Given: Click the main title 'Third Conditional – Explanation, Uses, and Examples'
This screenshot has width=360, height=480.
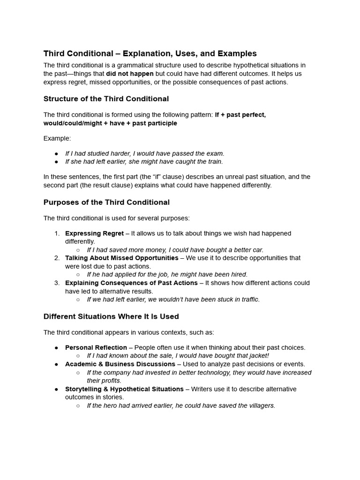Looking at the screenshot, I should pyautogui.click(x=150, y=53).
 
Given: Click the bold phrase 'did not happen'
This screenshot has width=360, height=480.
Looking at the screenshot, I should pyautogui.click(x=129, y=74).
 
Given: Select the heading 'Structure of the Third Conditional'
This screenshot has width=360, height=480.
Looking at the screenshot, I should pyautogui.click(x=106, y=99).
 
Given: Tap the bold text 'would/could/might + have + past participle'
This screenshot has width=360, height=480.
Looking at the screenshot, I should pyautogui.click(x=110, y=123).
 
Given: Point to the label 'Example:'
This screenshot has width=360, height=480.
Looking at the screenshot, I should pyautogui.click(x=57, y=138).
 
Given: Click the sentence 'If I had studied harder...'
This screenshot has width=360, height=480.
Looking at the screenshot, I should pyautogui.click(x=144, y=153).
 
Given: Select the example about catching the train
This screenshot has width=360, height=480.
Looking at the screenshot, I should pyautogui.click(x=144, y=162).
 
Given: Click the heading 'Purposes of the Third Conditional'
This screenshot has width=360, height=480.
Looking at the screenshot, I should pyautogui.click(x=106, y=202).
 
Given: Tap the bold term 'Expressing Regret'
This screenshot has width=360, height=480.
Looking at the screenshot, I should pyautogui.click(x=94, y=233).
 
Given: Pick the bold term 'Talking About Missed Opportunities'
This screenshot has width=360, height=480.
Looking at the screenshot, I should pyautogui.click(x=121, y=258).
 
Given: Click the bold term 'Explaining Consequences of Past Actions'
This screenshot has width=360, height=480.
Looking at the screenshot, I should pyautogui.click(x=131, y=283).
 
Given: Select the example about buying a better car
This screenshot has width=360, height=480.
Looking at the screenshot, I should pyautogui.click(x=175, y=250).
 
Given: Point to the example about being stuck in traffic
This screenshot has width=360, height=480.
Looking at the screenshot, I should pyautogui.click(x=173, y=300).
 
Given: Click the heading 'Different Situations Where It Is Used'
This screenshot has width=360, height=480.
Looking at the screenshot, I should pyautogui.click(x=111, y=316).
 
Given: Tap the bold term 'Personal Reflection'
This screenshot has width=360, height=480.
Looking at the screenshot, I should pyautogui.click(x=96, y=347).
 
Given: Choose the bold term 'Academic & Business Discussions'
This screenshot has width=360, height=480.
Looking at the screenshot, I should pyautogui.click(x=120, y=364).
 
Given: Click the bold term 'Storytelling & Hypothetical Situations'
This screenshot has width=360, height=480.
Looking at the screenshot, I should pyautogui.click(x=124, y=389).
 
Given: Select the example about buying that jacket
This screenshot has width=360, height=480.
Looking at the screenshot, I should pyautogui.click(x=178, y=356).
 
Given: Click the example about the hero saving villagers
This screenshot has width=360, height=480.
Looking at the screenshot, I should pyautogui.click(x=181, y=405).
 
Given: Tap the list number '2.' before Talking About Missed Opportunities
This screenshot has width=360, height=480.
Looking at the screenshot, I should pyautogui.click(x=57, y=258).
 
